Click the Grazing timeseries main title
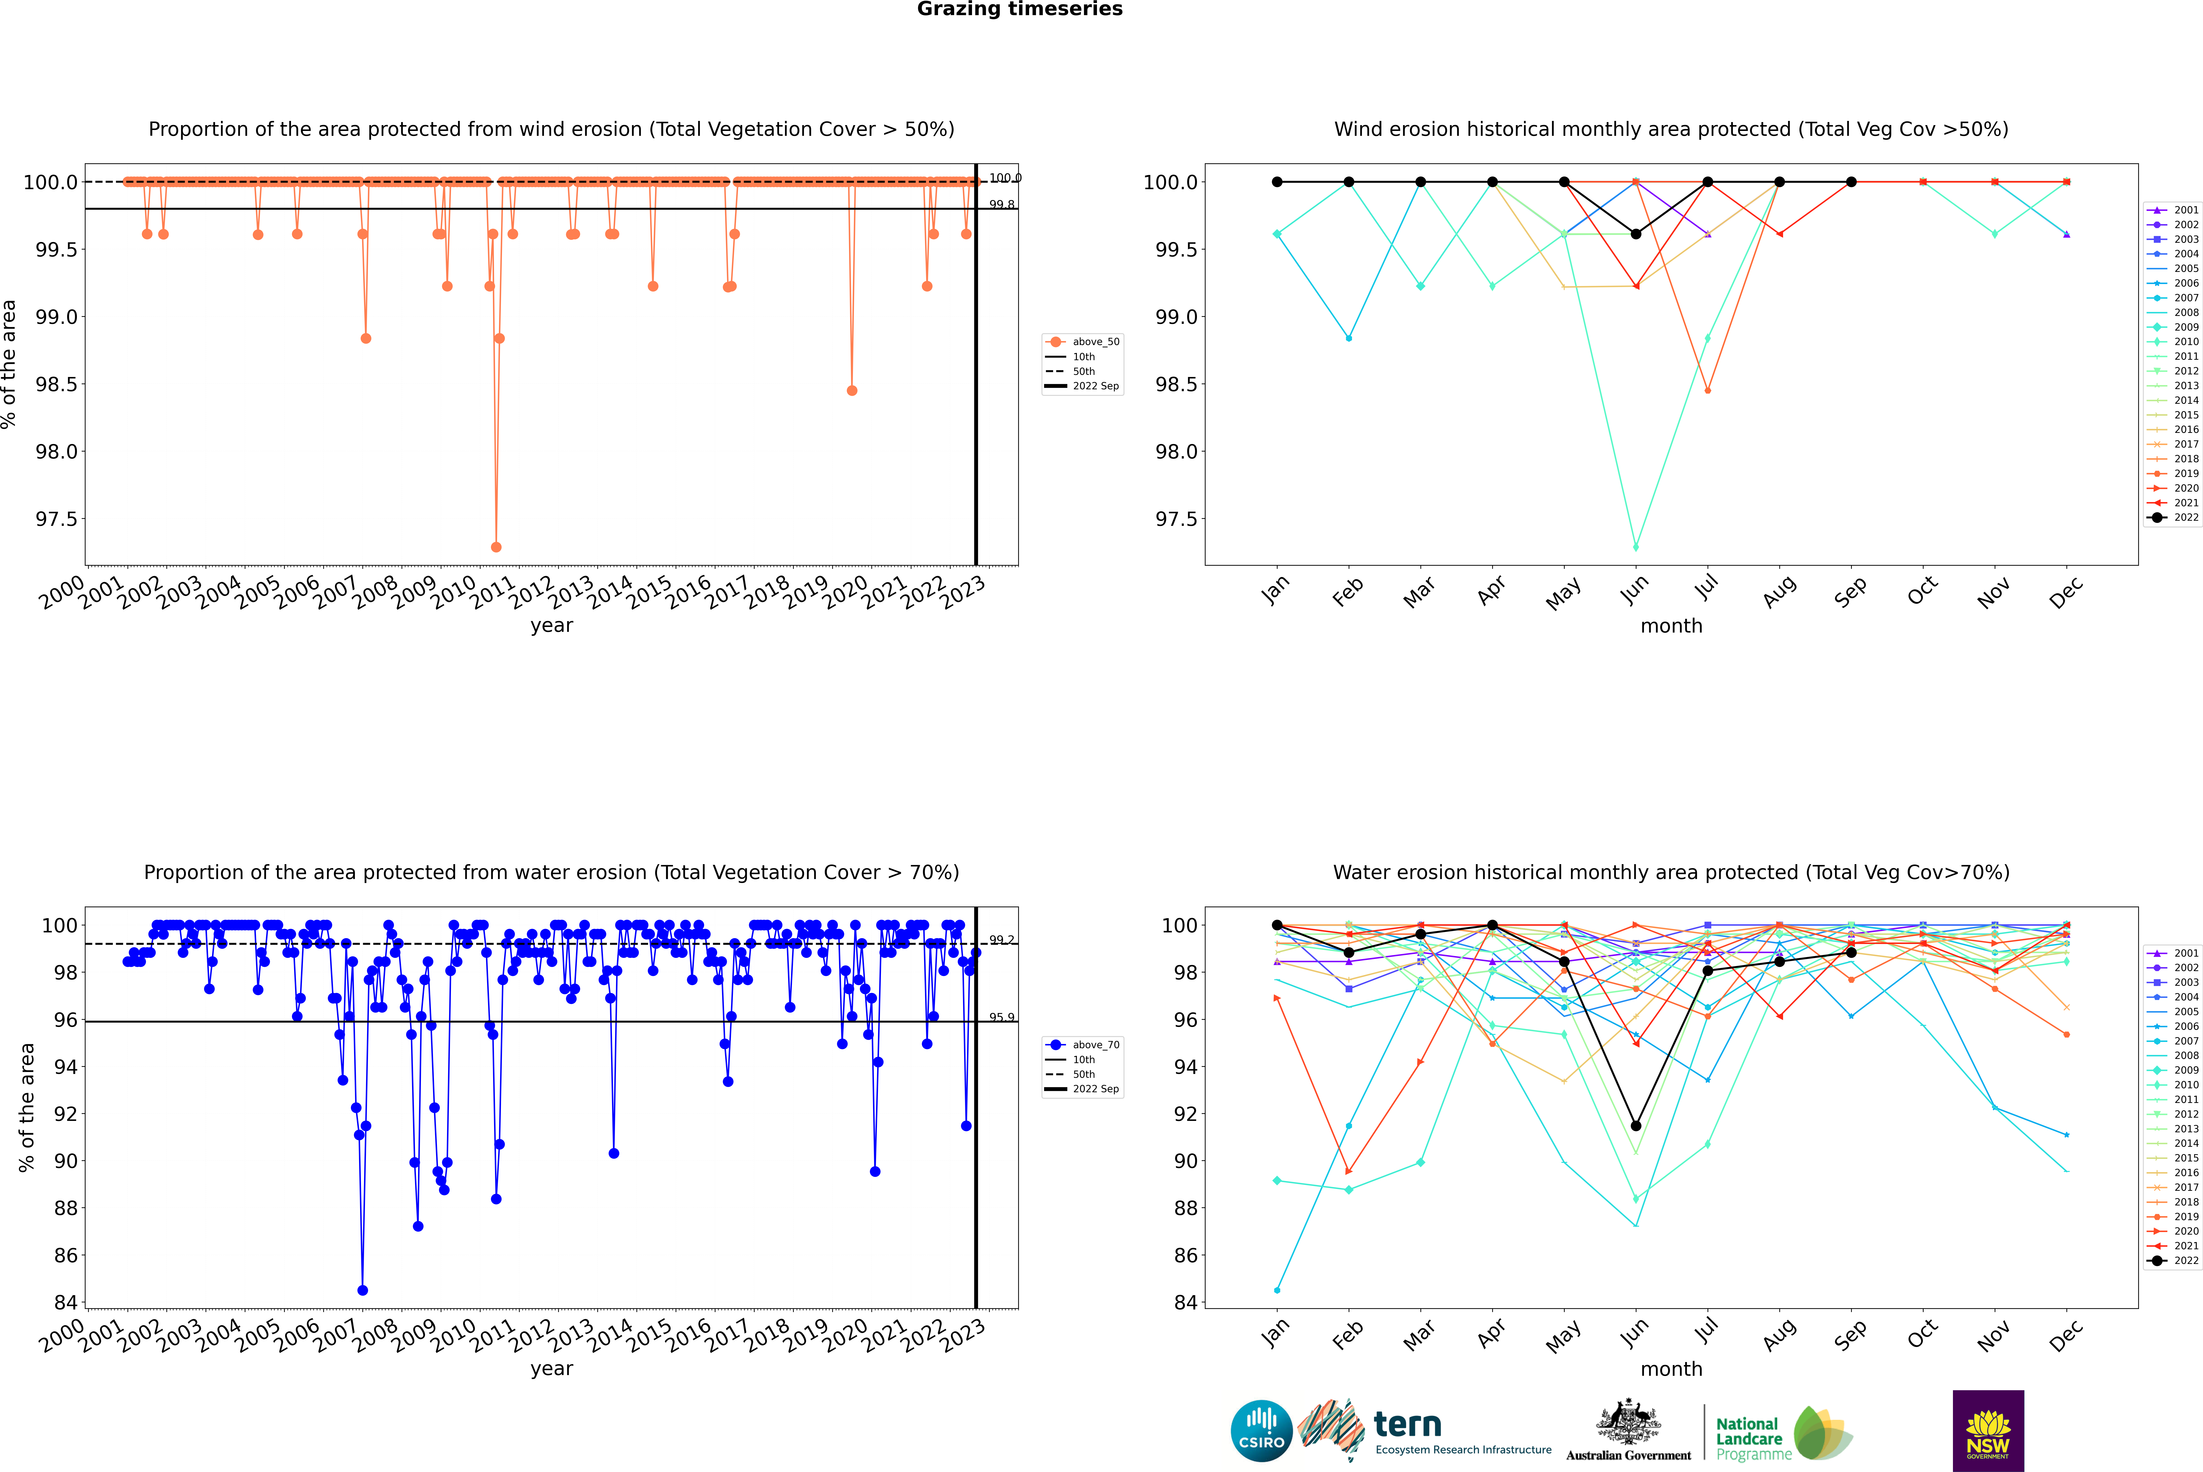1020,9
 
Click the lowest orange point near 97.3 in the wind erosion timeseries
496,546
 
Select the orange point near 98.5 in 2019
852,390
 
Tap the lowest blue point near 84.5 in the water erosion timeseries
362,1290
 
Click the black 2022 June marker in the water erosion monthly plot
1636,1126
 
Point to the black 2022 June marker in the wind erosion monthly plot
1636,234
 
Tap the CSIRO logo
1261,1431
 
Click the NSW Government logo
1988,1431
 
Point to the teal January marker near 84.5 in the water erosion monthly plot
1277,1290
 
